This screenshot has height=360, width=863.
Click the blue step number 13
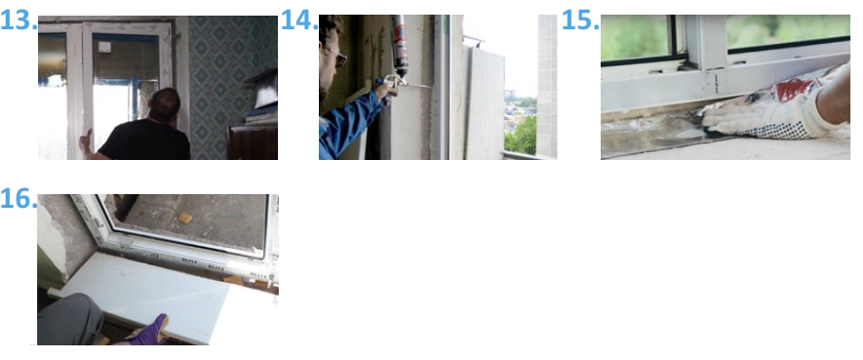tap(19, 20)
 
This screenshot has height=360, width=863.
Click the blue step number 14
tap(299, 20)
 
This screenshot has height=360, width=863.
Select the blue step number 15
tap(580, 20)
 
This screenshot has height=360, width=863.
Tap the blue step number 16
tap(19, 199)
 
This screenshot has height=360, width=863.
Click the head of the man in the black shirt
tap(165, 103)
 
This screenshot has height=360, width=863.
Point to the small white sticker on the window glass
tap(104, 47)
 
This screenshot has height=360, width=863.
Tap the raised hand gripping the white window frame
tap(85, 142)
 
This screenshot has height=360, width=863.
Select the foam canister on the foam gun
tap(400, 46)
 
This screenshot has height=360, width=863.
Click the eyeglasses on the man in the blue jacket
tap(338, 56)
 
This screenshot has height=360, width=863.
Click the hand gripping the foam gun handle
tap(387, 91)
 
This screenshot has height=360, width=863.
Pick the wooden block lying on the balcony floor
tap(185, 219)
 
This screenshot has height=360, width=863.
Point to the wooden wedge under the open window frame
tap(234, 280)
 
